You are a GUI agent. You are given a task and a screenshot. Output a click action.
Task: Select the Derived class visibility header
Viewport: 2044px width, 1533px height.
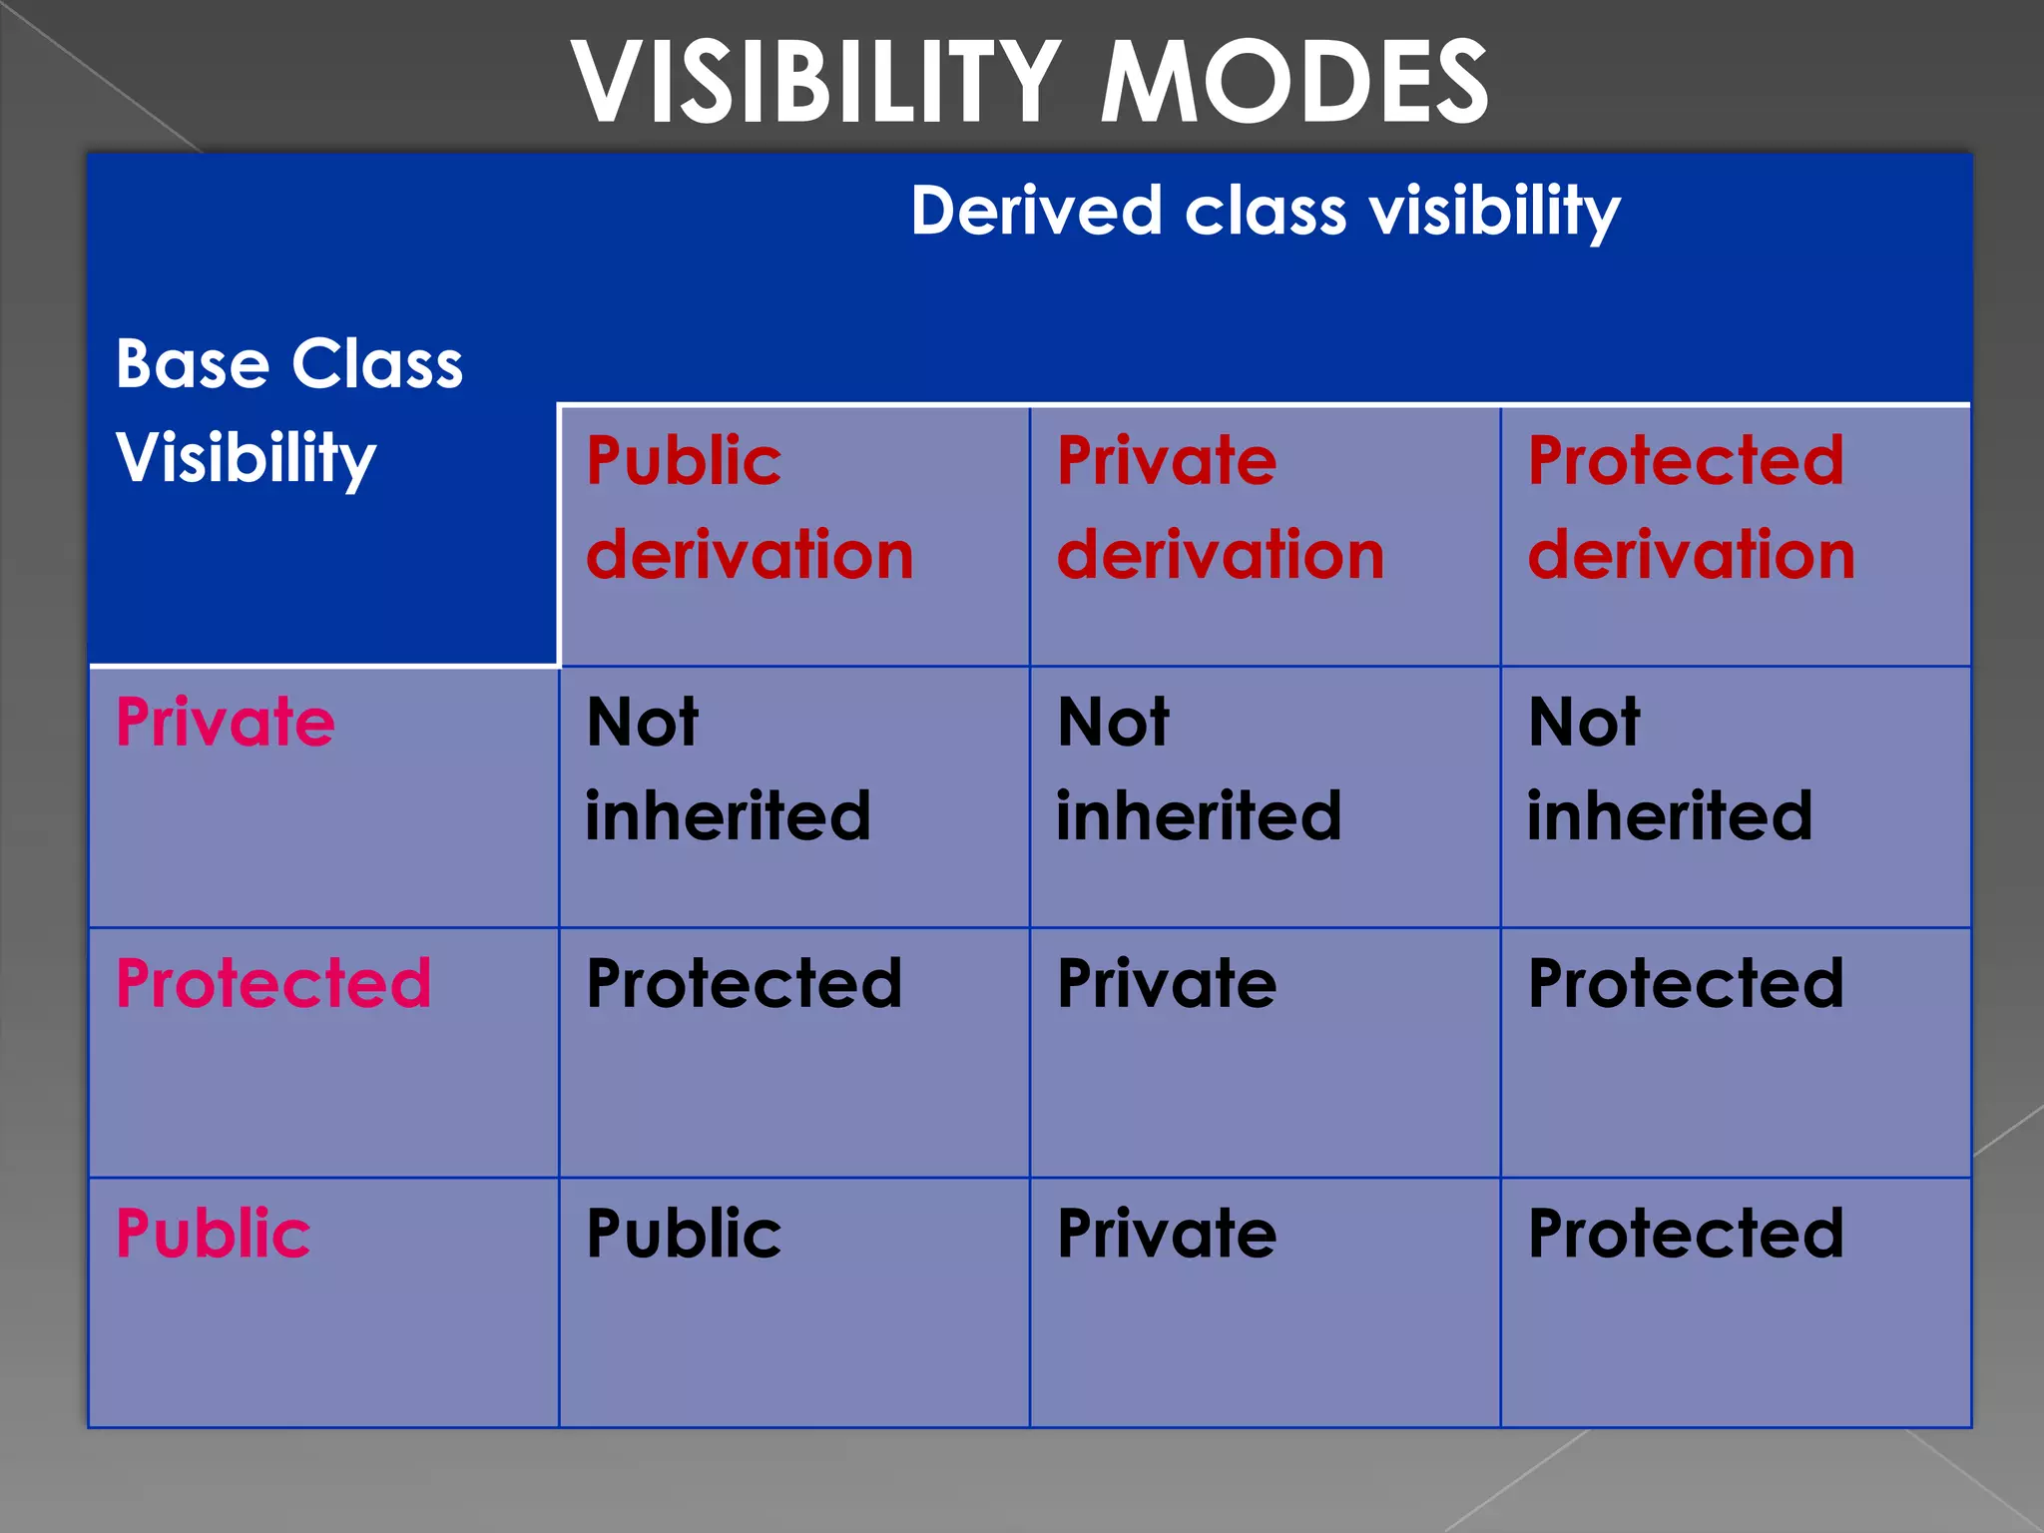[1265, 212]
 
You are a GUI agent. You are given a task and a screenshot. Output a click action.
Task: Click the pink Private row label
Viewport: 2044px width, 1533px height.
[226, 722]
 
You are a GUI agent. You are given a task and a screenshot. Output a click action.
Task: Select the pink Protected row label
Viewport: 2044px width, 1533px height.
[273, 983]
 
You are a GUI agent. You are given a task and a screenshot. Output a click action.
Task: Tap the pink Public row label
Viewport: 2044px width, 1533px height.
[214, 1234]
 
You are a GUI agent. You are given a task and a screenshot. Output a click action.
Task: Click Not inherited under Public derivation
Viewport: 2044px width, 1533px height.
[728, 768]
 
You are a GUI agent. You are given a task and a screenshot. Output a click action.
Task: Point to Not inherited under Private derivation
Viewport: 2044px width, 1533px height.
[1199, 768]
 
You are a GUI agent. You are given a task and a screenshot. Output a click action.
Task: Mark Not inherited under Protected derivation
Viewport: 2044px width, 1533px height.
[1670, 768]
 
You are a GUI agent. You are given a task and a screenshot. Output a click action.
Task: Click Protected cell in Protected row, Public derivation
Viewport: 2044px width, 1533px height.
[744, 983]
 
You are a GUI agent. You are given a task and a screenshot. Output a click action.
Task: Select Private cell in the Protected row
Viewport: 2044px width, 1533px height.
[1167, 983]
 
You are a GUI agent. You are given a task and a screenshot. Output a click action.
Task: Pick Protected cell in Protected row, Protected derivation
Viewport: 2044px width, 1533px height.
[1686, 983]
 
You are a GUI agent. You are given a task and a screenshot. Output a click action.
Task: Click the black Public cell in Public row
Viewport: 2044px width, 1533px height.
[684, 1234]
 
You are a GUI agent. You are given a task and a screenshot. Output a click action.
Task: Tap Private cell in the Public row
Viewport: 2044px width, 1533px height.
[1167, 1234]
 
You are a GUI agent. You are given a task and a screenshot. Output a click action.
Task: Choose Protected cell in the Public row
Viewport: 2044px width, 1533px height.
[1686, 1234]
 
